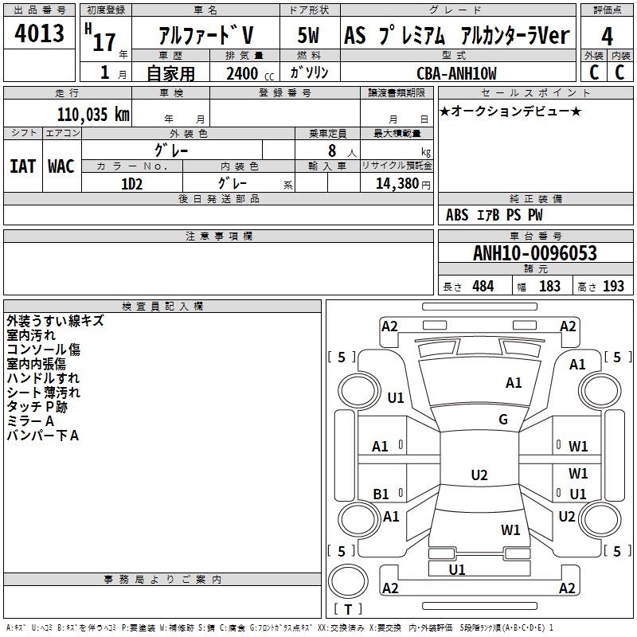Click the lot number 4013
tap(39, 33)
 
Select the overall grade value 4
tap(607, 37)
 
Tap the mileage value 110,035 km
tap(93, 115)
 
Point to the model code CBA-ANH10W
tap(456, 73)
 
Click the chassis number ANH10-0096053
tap(535, 253)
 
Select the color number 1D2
tap(131, 184)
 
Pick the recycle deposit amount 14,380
tap(397, 184)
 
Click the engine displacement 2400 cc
tap(250, 73)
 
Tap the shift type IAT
tap(23, 166)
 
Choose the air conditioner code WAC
tap(61, 166)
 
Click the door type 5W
tap(308, 35)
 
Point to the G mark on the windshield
tap(503, 419)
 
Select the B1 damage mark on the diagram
tap(381, 494)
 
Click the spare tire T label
tap(348, 609)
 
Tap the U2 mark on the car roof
tap(479, 475)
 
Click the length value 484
tap(483, 287)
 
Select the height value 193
tap(613, 287)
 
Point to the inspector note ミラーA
tap(30, 421)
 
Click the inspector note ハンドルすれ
tap(43, 378)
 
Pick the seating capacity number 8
tap(332, 150)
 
